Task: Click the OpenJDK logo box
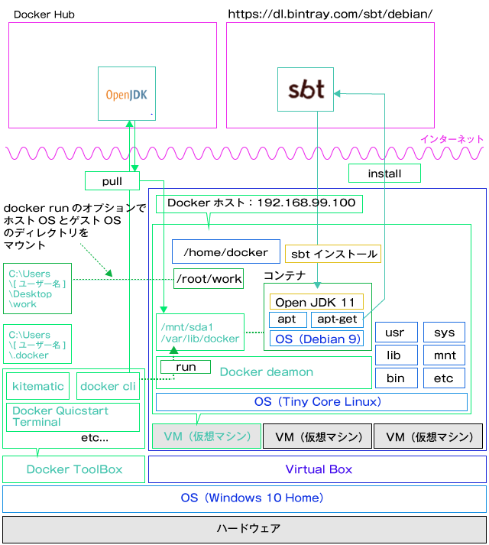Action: tap(127, 93)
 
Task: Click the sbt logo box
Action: tap(306, 89)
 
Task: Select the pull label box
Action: tap(112, 180)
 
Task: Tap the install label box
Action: tap(384, 173)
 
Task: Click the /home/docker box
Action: tap(226, 251)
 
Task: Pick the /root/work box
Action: tap(209, 278)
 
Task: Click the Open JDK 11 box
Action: tap(316, 302)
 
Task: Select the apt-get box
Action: tap(337, 320)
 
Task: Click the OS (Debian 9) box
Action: tap(316, 339)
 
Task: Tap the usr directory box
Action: tap(397, 333)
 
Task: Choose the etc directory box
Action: tap(444, 378)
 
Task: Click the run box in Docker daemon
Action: tap(186, 367)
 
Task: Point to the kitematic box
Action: tap(38, 386)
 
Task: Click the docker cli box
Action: tap(108, 386)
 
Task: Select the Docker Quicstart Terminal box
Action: tap(73, 417)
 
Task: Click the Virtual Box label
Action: tap(319, 469)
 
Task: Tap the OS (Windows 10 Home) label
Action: tap(252, 498)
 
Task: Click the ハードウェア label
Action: tap(248, 528)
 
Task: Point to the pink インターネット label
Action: tap(452, 139)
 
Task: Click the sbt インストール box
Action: tap(333, 254)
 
